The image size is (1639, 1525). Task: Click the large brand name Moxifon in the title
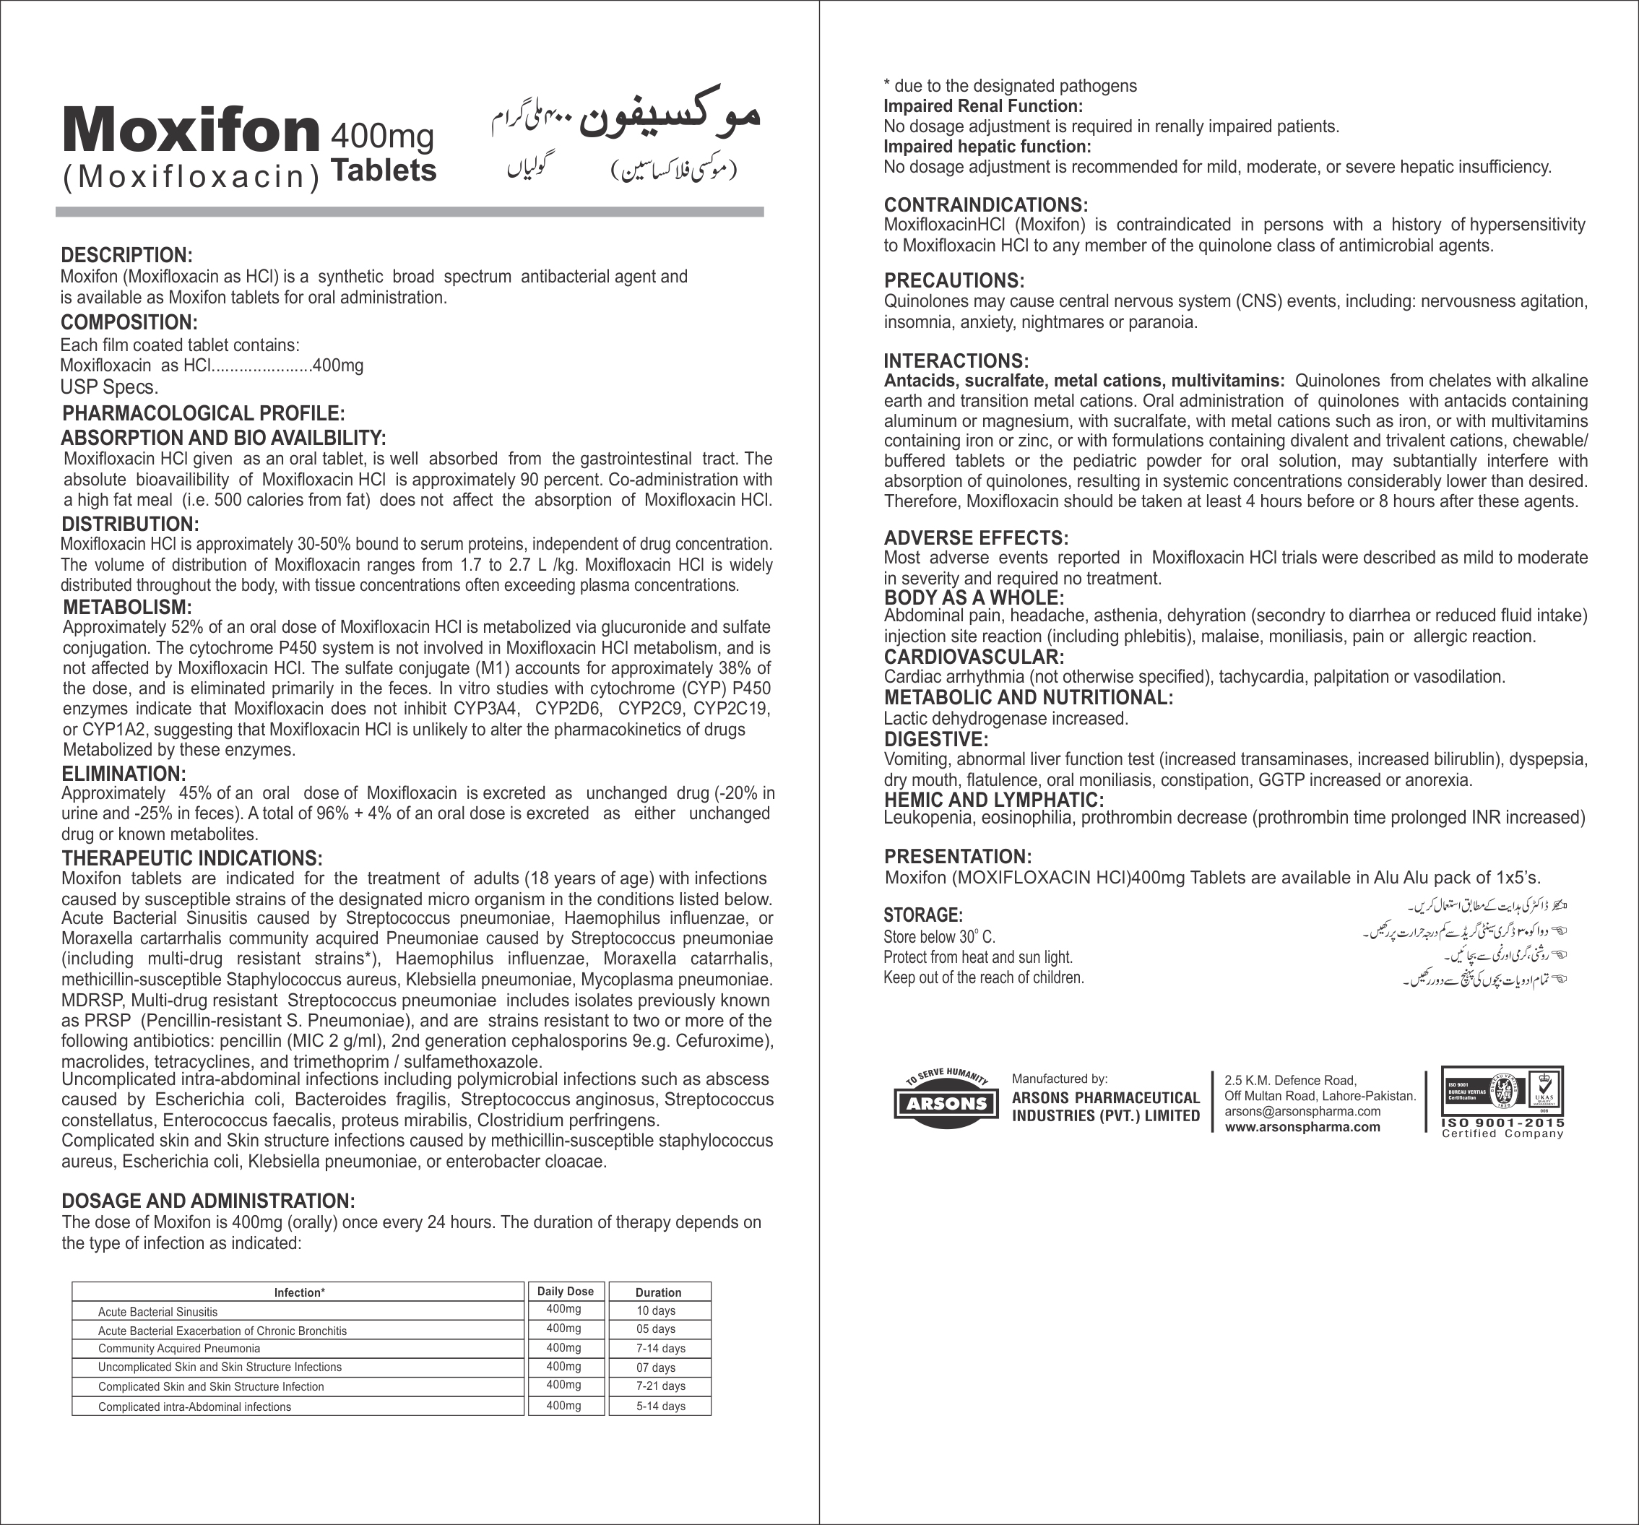191,131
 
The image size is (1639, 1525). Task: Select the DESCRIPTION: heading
126,256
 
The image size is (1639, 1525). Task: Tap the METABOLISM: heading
127,608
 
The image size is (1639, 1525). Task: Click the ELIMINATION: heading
124,774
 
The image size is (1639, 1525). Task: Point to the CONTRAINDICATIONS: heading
986,205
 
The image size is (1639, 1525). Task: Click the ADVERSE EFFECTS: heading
976,538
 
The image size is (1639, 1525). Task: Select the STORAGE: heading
922,915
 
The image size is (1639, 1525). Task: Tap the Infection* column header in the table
299,1292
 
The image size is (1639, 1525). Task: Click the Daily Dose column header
565,1292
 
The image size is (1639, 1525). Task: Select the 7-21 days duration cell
660,1386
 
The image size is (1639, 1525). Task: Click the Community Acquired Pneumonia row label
179,1349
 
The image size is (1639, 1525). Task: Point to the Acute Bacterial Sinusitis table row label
157,1311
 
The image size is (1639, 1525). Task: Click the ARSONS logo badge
946,1103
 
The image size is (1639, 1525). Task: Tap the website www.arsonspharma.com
1302,1127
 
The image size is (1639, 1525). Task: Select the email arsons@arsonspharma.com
1302,1111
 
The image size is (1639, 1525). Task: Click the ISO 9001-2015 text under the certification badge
1502,1123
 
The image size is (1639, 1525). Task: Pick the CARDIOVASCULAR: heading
974,657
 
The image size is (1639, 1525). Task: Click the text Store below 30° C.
939,937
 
